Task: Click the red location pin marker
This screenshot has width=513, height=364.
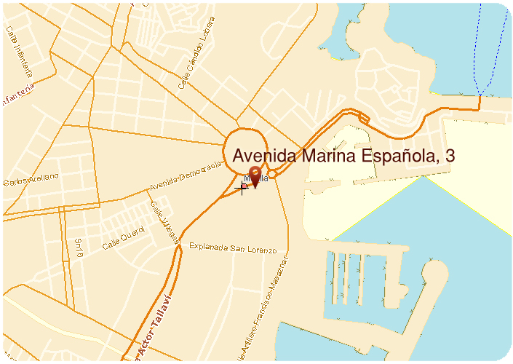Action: click(x=255, y=177)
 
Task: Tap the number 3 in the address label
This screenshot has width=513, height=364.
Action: click(x=450, y=156)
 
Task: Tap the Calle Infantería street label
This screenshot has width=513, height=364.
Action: click(x=19, y=52)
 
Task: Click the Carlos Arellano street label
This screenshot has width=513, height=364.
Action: click(x=30, y=181)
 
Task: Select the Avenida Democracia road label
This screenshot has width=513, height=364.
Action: click(x=185, y=177)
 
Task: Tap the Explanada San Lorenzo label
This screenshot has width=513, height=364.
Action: click(x=233, y=250)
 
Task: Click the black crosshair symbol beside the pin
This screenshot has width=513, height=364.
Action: click(x=243, y=188)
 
